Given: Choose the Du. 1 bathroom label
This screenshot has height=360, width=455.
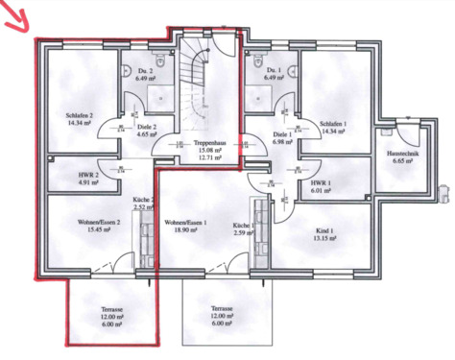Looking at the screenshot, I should [x=275, y=73].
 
